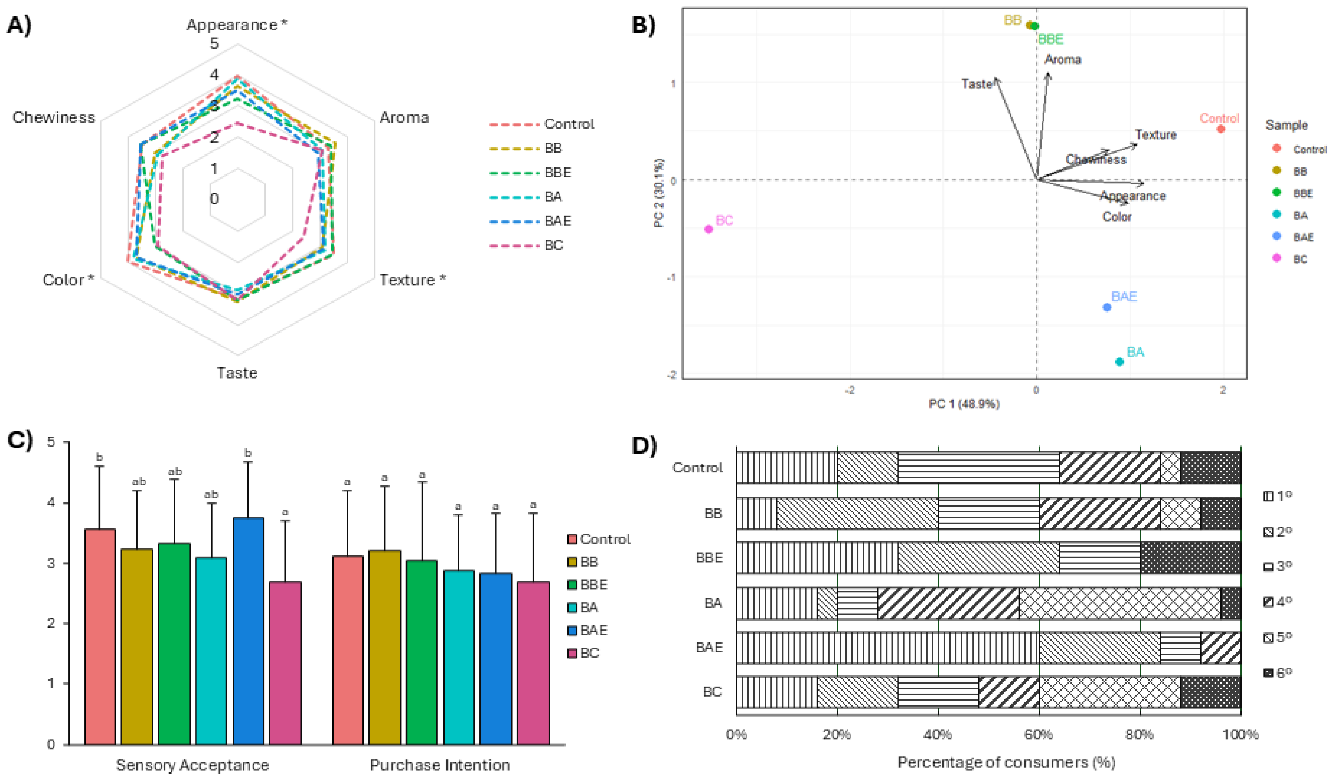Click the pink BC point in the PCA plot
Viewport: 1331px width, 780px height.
[709, 229]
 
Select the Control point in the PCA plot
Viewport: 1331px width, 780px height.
[1220, 129]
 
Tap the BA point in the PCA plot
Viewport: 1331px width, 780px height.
[1119, 361]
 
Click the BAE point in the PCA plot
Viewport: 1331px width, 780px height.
[1107, 307]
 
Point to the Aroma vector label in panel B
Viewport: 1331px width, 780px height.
[1063, 60]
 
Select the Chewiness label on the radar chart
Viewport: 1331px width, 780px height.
[54, 117]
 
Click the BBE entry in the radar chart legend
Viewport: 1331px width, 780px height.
[557, 172]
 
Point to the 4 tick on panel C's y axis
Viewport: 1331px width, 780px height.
[51, 502]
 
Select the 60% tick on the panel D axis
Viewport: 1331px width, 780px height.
[1039, 735]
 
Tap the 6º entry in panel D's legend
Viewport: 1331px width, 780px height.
[1278, 673]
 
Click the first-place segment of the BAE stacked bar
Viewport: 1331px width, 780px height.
[887, 647]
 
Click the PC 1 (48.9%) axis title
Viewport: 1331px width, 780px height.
[964, 404]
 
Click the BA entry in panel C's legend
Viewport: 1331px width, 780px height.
[589, 607]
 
